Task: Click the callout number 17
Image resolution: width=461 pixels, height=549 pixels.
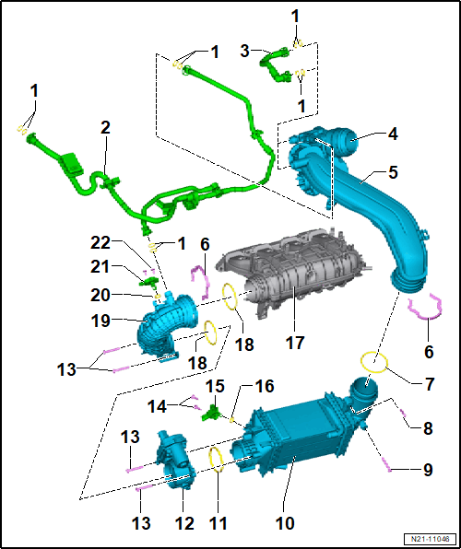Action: (295, 342)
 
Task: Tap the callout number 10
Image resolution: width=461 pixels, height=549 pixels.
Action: (284, 522)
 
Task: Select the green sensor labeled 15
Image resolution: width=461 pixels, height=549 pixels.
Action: (211, 412)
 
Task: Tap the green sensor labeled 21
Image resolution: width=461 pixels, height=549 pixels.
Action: (149, 281)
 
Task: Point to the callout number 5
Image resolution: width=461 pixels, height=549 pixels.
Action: (393, 172)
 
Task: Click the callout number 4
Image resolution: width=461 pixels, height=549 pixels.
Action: (394, 134)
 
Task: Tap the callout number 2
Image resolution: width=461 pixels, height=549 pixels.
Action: (105, 128)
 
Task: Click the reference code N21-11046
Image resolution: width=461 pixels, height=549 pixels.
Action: (431, 538)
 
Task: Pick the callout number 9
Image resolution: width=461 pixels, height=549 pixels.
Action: (428, 470)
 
